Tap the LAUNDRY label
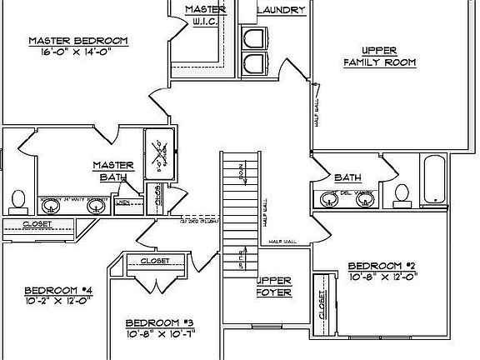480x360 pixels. click(x=281, y=10)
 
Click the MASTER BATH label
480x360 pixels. click(x=108, y=171)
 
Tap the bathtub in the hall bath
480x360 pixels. click(x=435, y=178)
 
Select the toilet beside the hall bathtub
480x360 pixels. click(x=402, y=193)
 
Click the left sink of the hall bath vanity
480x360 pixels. click(x=327, y=199)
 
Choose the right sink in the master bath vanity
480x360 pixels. click(x=95, y=203)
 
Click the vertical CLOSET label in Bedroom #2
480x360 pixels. click(x=321, y=307)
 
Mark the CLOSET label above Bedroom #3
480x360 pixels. click(x=155, y=261)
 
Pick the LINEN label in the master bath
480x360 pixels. click(x=122, y=202)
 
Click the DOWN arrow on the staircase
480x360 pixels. click(x=241, y=174)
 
